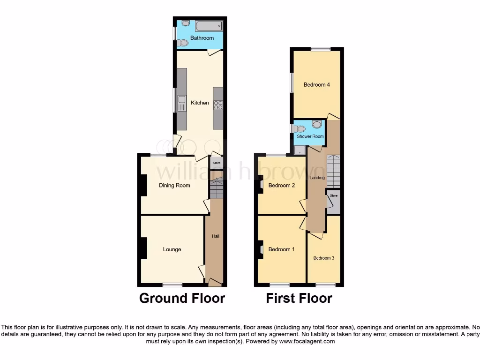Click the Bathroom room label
(x=202, y=38)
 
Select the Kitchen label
(x=200, y=103)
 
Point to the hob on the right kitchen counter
(x=218, y=105)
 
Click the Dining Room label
(x=174, y=186)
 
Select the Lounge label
(x=172, y=249)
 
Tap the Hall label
(x=216, y=236)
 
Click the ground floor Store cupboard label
(x=217, y=163)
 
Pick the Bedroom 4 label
(x=317, y=85)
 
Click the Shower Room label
(x=310, y=136)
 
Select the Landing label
(x=317, y=178)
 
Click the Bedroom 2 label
(x=281, y=186)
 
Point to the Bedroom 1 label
(x=281, y=249)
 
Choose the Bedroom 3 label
(x=323, y=258)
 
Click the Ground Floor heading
(x=182, y=298)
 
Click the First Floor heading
(x=299, y=298)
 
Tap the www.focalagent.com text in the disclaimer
(x=307, y=342)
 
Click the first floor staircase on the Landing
(x=333, y=172)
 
